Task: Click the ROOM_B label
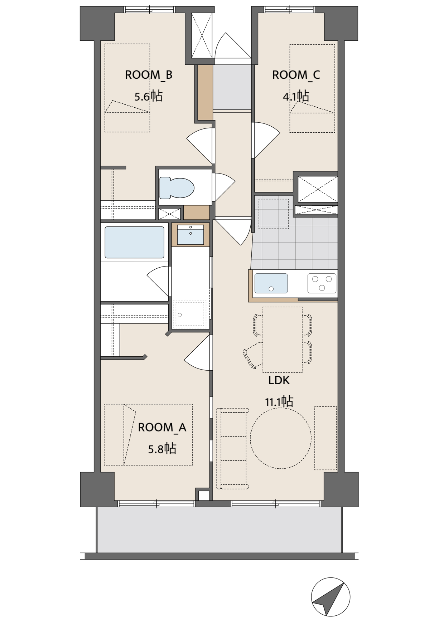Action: pos(149,75)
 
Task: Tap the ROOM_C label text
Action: pos(296,75)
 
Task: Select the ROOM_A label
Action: pos(162,427)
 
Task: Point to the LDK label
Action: pos(279,380)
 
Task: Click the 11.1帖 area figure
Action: pos(279,401)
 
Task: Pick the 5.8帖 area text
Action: pos(162,449)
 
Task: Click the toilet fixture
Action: pos(177,188)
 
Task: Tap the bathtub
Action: pos(134,242)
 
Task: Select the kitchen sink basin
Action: pos(271,283)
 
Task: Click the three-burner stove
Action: pos(322,283)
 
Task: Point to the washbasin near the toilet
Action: pos(190,235)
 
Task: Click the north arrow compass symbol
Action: pos(331,597)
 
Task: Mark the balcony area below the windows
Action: pos(219,530)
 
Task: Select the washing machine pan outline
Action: pos(190,314)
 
